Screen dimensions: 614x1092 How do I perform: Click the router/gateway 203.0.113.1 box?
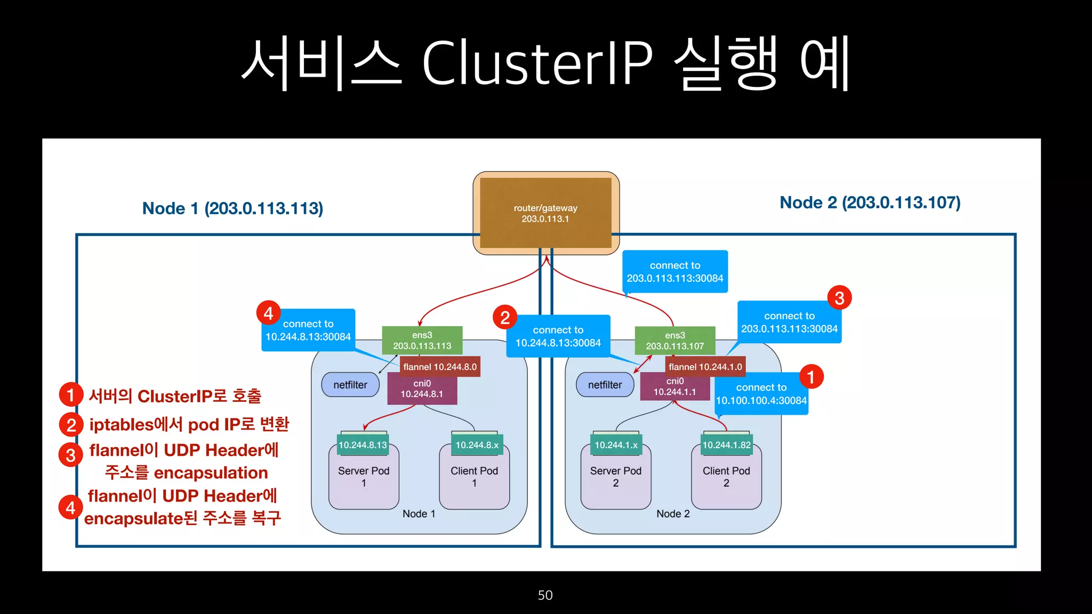[x=545, y=213]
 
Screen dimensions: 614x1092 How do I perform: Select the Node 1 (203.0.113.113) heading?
[x=232, y=208]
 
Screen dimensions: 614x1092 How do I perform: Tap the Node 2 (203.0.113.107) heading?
[x=870, y=203]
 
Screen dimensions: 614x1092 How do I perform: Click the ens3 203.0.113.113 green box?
[x=422, y=341]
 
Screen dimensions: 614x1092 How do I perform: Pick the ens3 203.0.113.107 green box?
[x=675, y=341]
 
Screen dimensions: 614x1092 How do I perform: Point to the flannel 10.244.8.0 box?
[x=440, y=367]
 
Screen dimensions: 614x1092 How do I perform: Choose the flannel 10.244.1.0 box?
[x=705, y=367]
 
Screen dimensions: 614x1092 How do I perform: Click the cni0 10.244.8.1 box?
[x=422, y=389]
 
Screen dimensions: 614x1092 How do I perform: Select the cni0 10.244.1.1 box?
[x=675, y=387]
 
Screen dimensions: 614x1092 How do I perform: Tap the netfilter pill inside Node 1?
[x=350, y=385]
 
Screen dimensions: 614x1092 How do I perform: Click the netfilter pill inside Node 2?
[x=605, y=385]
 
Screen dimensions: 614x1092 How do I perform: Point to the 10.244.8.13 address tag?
[x=363, y=445]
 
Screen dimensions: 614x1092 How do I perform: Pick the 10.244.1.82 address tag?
[x=726, y=445]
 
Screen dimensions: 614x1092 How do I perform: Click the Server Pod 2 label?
[x=615, y=476]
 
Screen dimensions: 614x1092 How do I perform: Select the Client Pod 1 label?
[x=474, y=476]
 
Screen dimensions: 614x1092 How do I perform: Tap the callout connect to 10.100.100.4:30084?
[x=761, y=394]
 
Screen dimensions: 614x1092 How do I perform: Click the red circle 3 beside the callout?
[x=839, y=298]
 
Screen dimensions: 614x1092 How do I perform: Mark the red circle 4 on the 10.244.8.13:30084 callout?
[x=268, y=313]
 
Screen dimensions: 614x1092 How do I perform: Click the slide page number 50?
[x=545, y=595]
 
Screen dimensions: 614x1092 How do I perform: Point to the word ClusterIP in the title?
[x=537, y=63]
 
